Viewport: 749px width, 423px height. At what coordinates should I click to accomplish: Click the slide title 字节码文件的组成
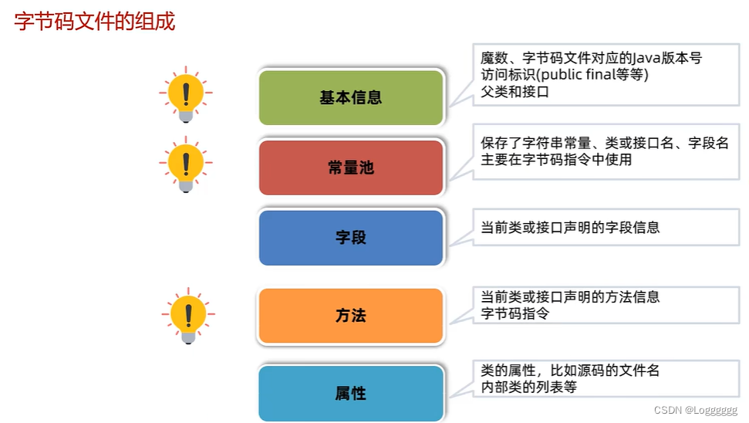point(95,22)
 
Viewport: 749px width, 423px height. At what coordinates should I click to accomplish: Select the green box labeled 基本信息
point(351,98)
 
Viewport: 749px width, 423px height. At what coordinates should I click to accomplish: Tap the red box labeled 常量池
point(351,168)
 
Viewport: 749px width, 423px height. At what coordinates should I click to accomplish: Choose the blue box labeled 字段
point(351,238)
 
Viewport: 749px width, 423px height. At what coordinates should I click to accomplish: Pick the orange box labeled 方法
point(351,316)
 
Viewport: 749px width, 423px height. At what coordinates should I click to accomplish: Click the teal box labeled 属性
point(351,394)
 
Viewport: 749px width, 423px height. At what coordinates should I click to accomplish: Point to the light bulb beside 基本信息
point(186,95)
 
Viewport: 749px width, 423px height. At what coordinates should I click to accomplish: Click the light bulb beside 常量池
point(185,164)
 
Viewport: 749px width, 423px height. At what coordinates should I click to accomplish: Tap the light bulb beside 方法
point(187,315)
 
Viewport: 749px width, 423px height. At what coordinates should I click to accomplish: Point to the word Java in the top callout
point(647,58)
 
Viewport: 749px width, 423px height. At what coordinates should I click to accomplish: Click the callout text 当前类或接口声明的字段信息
point(571,228)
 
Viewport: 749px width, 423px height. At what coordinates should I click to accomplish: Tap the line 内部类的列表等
point(529,387)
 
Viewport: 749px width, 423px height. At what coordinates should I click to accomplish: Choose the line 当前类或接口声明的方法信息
point(571,297)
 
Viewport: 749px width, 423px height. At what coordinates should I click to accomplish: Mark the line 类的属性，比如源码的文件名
point(571,371)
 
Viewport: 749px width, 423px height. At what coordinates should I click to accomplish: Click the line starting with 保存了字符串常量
point(605,144)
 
